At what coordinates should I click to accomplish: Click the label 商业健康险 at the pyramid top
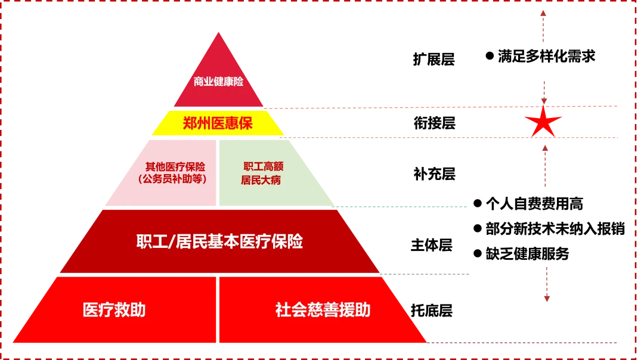218,82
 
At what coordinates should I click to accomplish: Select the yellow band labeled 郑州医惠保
218,124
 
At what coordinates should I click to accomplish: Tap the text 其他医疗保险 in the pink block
175,167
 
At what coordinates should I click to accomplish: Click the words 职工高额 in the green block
263,167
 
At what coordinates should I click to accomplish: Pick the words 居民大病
261,180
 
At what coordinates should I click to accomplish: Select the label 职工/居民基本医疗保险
219,241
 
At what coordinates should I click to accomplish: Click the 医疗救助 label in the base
114,310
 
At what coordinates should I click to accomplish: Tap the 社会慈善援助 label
323,310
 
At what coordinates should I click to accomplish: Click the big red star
542,122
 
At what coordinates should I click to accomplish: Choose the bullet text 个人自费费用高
534,204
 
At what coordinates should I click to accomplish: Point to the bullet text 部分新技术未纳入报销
555,229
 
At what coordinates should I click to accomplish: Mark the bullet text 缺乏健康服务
527,254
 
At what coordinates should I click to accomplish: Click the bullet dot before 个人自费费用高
477,204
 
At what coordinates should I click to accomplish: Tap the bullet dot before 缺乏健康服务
477,254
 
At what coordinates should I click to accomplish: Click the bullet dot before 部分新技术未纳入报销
477,229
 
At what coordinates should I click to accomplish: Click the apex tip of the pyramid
219,32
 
